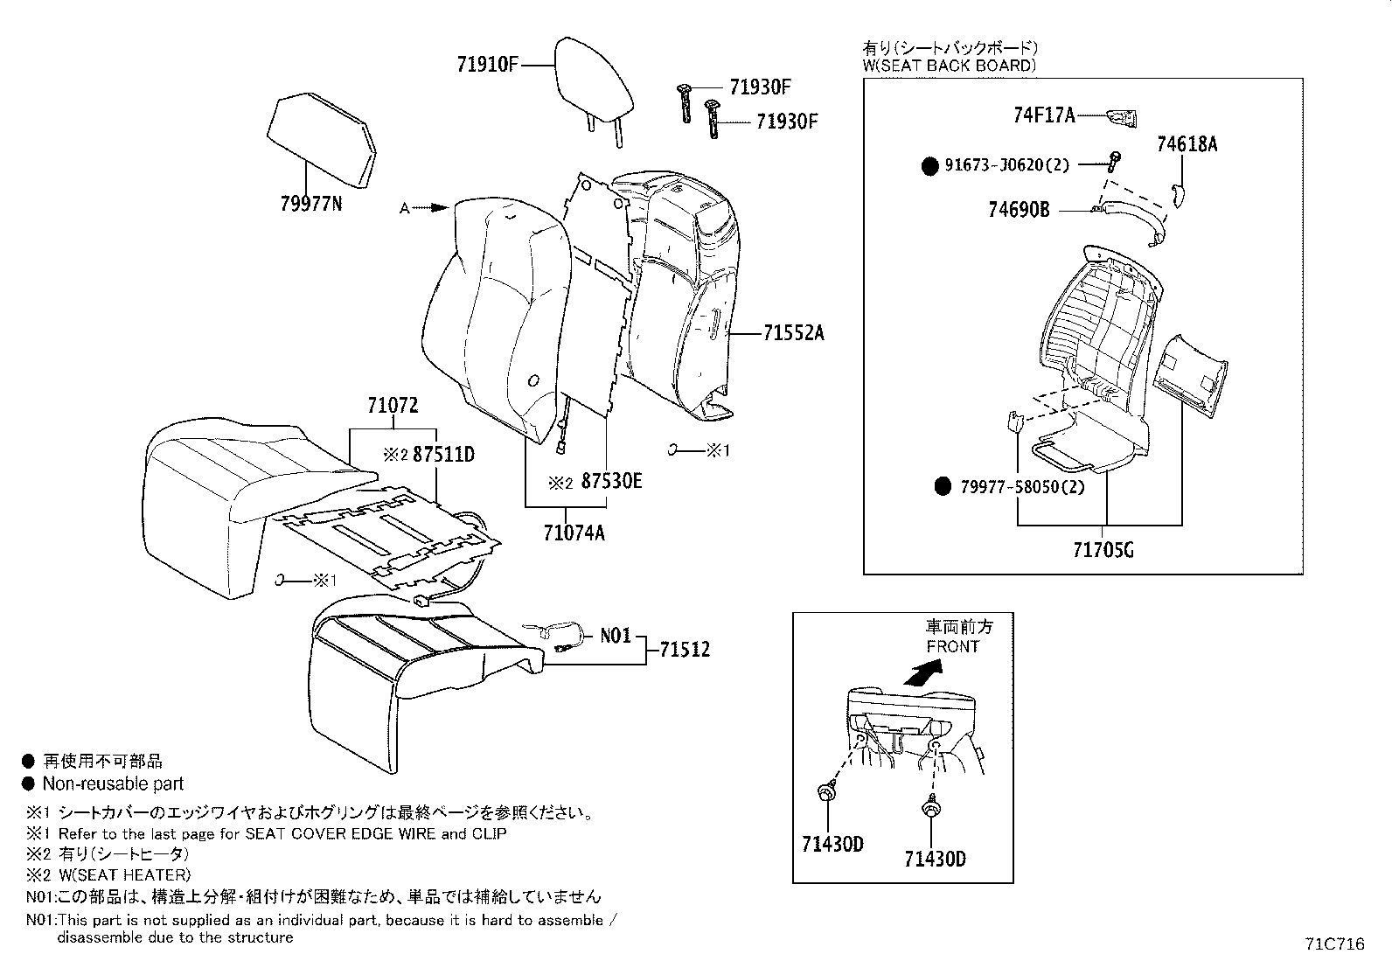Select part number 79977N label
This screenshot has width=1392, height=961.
310,205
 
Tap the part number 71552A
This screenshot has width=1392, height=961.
794,333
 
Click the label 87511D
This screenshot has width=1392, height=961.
443,455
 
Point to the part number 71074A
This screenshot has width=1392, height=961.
574,533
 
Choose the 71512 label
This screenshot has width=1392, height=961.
685,650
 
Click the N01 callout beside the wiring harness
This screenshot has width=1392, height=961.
616,636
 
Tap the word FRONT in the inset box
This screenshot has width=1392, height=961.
953,647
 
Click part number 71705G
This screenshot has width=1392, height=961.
1103,550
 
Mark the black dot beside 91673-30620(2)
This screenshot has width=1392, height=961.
930,165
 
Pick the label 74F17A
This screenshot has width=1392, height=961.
1044,115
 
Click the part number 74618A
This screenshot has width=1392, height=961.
1187,144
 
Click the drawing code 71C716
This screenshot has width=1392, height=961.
1334,944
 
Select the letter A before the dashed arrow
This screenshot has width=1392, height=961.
404,208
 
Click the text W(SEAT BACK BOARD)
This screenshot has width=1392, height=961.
949,66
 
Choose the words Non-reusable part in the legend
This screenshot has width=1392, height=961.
114,784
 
